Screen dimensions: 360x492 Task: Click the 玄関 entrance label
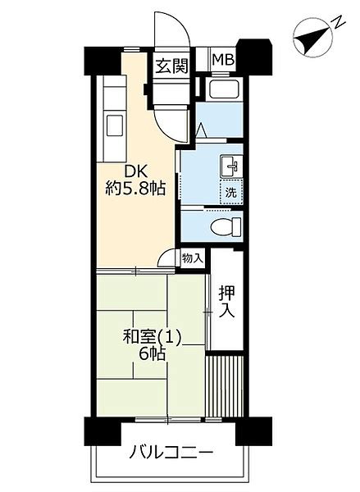(172, 66)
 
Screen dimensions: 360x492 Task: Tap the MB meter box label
(224, 60)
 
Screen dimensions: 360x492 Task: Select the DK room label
(136, 171)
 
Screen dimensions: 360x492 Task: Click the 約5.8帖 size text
(135, 189)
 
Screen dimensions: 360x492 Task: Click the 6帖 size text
(153, 354)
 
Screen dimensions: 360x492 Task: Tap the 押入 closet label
(226, 302)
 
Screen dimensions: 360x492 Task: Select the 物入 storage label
(193, 258)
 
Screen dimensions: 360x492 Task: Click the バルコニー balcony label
(171, 453)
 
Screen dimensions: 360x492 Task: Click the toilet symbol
(226, 226)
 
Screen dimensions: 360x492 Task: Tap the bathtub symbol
(225, 89)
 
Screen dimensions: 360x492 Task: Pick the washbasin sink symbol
(230, 166)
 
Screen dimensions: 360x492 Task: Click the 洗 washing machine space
(231, 192)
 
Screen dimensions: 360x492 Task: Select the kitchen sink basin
(115, 125)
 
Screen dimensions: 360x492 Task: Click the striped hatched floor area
(225, 386)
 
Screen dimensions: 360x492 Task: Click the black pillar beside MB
(254, 57)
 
